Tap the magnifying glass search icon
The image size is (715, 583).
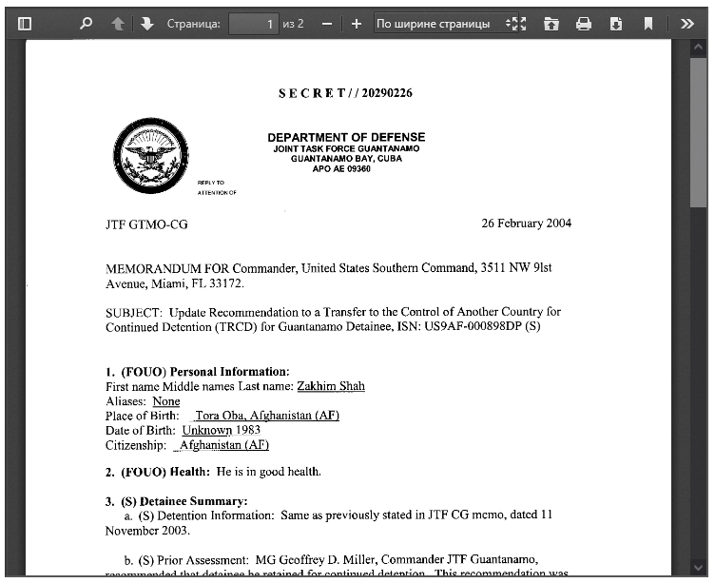[87, 24]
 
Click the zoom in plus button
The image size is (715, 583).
[356, 24]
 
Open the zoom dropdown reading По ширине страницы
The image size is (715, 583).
[439, 24]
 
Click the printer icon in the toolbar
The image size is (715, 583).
[584, 24]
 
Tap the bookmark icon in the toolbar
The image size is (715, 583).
[647, 24]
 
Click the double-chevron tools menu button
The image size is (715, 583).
[687, 24]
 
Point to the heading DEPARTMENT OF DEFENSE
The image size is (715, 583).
[346, 138]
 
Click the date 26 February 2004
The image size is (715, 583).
[526, 223]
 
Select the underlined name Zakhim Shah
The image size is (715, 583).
[331, 386]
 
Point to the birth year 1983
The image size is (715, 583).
[249, 430]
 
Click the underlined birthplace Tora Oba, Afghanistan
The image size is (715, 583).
[267, 416]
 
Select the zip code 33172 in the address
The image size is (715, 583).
[224, 283]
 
